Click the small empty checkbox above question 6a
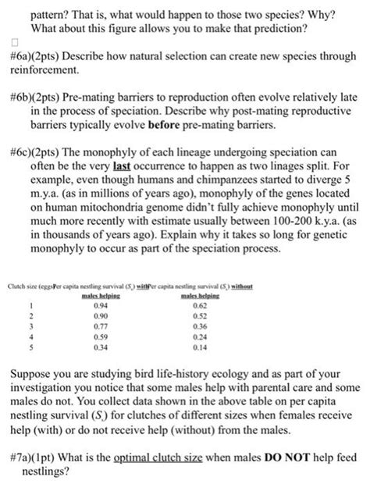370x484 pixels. click(x=13, y=45)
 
